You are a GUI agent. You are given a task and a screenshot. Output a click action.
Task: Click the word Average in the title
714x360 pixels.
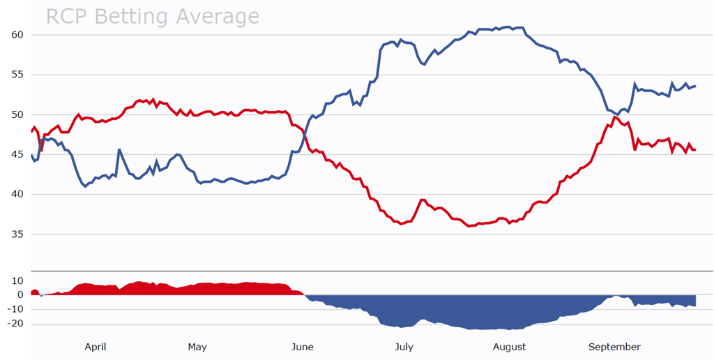[x=215, y=16]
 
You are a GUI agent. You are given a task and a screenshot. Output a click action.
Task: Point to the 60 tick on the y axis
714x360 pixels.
[x=17, y=35]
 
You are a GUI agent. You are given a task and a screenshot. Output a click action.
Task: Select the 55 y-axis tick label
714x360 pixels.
[x=17, y=75]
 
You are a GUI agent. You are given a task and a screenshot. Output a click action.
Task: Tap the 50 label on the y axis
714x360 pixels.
[x=17, y=114]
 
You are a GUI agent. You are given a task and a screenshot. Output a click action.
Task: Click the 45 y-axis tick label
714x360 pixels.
[x=17, y=154]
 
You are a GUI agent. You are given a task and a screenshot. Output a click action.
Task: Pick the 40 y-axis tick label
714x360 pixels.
[x=17, y=194]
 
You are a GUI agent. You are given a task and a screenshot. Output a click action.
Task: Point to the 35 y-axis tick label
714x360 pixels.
[x=17, y=234]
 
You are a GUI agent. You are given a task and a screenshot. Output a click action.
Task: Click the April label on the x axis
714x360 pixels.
[x=95, y=347]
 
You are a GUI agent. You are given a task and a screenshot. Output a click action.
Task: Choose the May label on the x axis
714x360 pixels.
[x=197, y=347]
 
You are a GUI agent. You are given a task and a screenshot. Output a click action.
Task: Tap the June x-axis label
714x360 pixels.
[x=302, y=347]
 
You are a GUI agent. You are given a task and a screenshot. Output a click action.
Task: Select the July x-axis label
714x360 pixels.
[x=404, y=347]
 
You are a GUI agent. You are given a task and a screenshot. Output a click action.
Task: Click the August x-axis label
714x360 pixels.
[x=509, y=347]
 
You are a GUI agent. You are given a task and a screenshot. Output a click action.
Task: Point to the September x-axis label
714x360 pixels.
[x=614, y=347]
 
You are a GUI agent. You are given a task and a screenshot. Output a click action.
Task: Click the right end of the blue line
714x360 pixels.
[x=695, y=86]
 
